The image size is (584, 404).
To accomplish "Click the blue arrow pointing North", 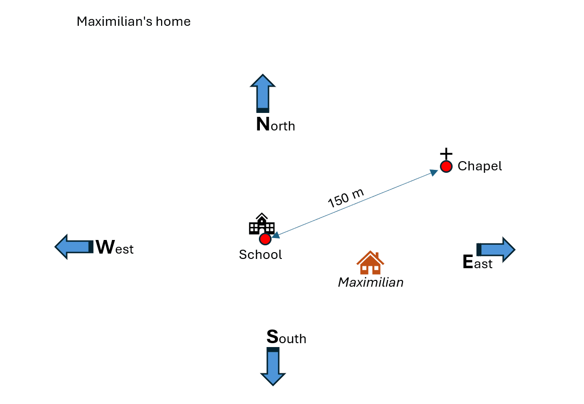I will [263, 93].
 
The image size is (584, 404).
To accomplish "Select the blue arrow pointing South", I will [273, 366].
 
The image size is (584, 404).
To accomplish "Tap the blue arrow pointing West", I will [73, 247].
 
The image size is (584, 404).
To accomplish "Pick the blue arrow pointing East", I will [495, 250].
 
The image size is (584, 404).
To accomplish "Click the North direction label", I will [275, 125].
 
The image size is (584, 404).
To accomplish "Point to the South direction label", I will [286, 337].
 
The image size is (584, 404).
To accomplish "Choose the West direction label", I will [114, 248].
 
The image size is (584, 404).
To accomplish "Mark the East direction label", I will [477, 263].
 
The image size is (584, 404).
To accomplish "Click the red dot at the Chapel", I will [446, 166].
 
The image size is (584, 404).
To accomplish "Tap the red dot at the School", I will [265, 239].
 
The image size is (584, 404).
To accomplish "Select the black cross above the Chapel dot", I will [446, 153].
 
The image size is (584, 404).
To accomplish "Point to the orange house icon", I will [370, 263].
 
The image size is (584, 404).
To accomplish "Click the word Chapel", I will [479, 166].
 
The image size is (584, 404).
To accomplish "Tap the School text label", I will [260, 255].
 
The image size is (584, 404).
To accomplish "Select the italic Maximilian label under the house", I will [371, 282].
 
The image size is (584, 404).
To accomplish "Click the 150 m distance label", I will [346, 198].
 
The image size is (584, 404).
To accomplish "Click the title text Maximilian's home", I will [133, 22].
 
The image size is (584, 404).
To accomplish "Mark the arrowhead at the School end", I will [276, 235].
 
